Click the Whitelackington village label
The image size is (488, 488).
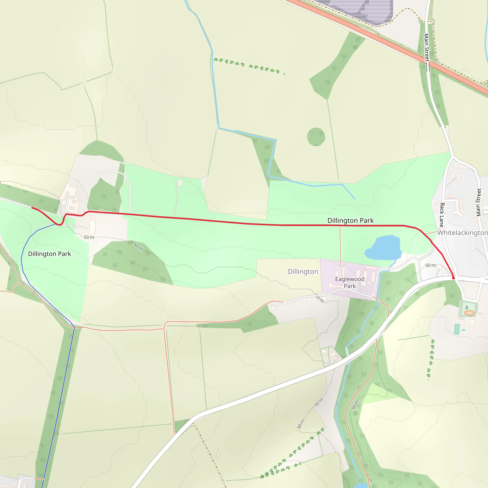(462, 233)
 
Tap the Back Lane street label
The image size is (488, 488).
(442, 215)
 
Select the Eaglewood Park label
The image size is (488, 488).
(350, 282)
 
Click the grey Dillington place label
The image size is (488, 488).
(303, 272)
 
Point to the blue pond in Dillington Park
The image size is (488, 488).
(383, 248)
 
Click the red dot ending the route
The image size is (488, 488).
(453, 278)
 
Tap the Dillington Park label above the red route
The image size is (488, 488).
(350, 220)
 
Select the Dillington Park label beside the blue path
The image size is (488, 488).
(50, 254)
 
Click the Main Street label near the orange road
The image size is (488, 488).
(426, 48)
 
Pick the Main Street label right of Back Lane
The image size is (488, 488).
(478, 202)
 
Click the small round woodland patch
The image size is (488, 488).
(316, 137)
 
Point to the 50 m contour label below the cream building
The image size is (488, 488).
(89, 237)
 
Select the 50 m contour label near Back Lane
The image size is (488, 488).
(430, 265)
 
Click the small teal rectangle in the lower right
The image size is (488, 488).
(457, 329)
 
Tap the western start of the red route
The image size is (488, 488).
(32, 207)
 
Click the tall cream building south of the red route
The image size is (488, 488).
(92, 226)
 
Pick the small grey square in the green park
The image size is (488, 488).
(180, 183)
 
